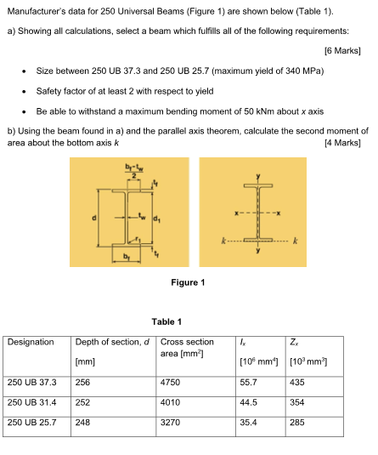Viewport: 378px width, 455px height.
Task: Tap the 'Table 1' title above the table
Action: coord(166,321)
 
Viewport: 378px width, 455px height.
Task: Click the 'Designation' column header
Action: coord(31,342)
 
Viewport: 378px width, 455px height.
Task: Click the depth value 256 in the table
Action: coord(82,383)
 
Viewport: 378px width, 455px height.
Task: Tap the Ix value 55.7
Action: coord(249,383)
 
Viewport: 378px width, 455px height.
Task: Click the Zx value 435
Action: coord(297,383)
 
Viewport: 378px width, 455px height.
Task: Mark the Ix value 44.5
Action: coord(249,401)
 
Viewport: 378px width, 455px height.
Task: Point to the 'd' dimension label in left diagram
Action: coord(95,219)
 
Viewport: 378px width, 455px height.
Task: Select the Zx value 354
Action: coord(297,401)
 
